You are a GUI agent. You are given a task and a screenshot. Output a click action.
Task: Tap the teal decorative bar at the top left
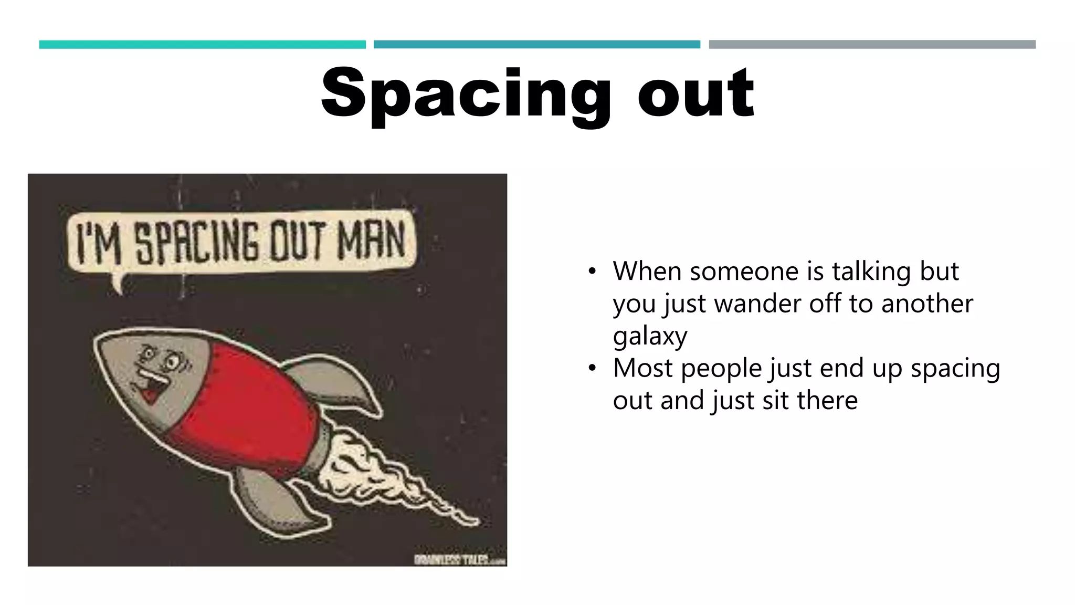[x=202, y=45]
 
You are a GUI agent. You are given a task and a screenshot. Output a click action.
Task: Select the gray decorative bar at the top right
[x=872, y=45]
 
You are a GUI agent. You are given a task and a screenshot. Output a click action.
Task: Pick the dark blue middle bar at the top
[x=536, y=45]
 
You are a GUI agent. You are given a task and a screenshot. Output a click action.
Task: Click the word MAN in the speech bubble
[x=371, y=241]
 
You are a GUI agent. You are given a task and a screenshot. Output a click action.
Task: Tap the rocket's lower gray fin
[x=278, y=499]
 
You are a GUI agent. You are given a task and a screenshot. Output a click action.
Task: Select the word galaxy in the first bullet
[x=650, y=336]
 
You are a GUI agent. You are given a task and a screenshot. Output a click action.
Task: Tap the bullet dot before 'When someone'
[x=592, y=272]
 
